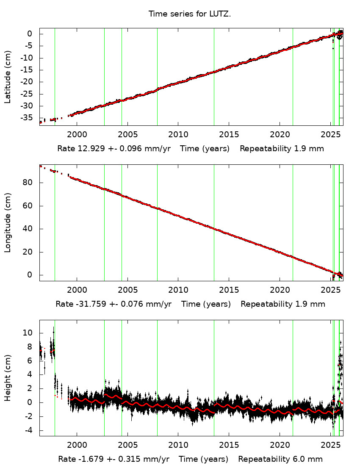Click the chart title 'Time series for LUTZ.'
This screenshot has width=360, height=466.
pyautogui.click(x=189, y=14)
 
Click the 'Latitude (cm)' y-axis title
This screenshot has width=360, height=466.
pyautogui.click(x=8, y=77)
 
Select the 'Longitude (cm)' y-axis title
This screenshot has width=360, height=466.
pyautogui.click(x=8, y=223)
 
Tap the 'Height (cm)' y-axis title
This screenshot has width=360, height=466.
pyautogui.click(x=8, y=378)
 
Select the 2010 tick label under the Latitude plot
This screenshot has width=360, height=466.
pyautogui.click(x=178, y=134)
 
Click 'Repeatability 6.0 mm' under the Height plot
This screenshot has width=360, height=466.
pyautogui.click(x=280, y=459)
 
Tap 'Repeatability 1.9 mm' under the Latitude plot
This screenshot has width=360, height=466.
pyautogui.click(x=282, y=149)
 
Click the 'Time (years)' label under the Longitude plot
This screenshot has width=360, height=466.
pyautogui.click(x=206, y=304)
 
